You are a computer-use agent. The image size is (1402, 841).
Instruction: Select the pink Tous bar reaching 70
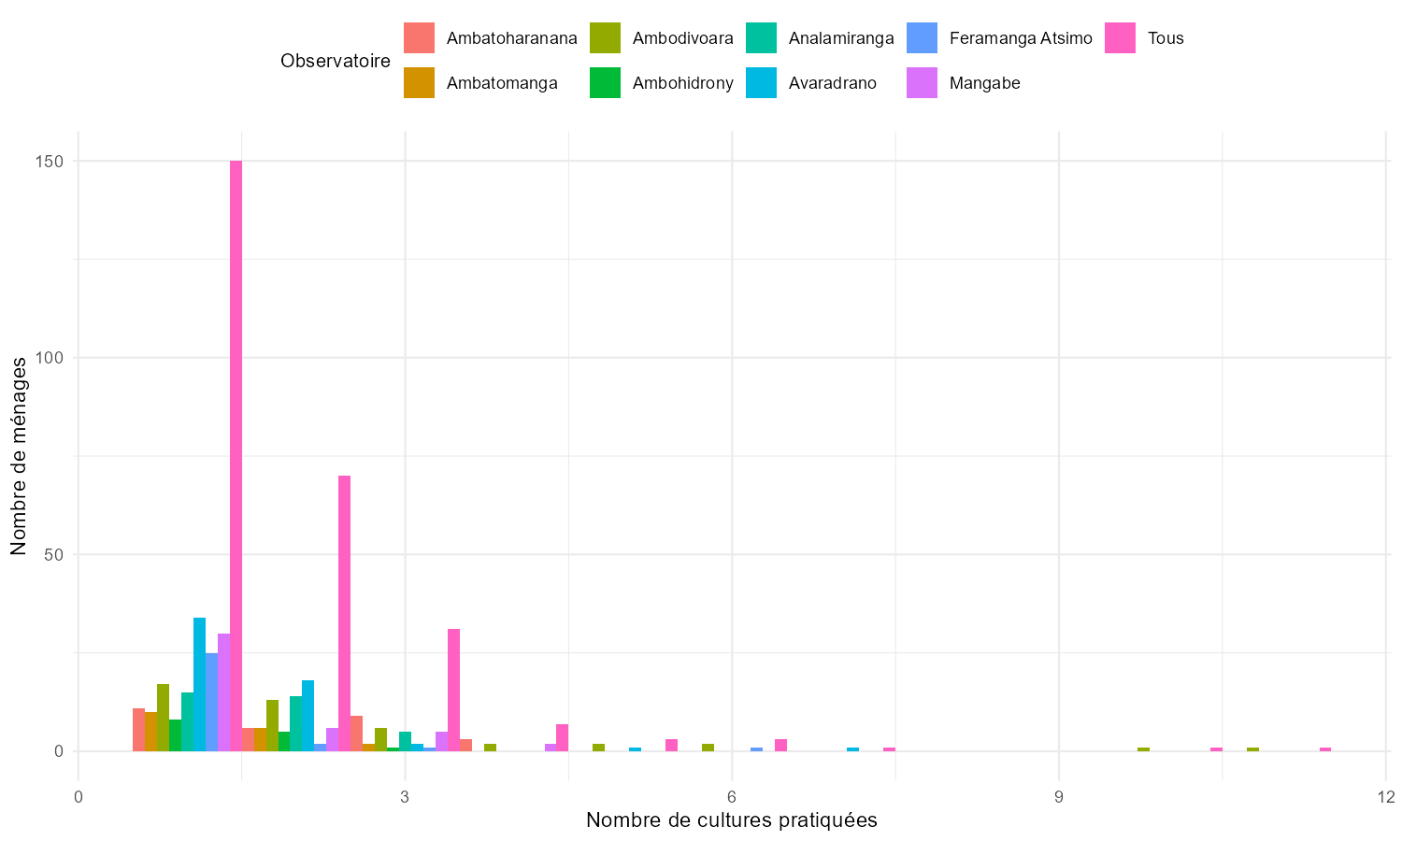point(344,613)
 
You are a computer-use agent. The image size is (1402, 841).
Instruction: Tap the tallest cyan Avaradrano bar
point(199,684)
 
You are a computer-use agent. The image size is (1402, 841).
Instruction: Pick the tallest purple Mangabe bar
point(223,691)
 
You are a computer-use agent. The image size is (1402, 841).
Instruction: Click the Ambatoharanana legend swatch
point(419,38)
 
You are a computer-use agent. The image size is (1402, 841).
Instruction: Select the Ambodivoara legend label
point(682,38)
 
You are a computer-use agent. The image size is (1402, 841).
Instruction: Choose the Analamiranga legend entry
point(841,38)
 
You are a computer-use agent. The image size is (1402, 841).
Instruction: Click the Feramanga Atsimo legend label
point(1021,38)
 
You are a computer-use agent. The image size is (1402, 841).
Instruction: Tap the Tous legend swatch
point(1121,38)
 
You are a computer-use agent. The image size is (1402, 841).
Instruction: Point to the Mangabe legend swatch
point(923,83)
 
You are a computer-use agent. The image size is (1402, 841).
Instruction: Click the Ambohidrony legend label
point(682,83)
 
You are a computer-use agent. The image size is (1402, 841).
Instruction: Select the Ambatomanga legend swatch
point(419,83)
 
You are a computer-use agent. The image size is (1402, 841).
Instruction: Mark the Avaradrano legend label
point(832,83)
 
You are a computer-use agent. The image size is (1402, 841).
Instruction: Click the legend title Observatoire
point(336,61)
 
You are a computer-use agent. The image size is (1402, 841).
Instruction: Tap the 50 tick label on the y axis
point(55,554)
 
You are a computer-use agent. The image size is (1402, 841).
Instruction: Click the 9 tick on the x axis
point(1059,796)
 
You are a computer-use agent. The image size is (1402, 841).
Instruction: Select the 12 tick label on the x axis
point(1385,796)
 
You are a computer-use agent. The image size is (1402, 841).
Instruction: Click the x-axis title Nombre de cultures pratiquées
point(731,820)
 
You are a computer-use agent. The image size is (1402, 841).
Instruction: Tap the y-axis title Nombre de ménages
point(19,456)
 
